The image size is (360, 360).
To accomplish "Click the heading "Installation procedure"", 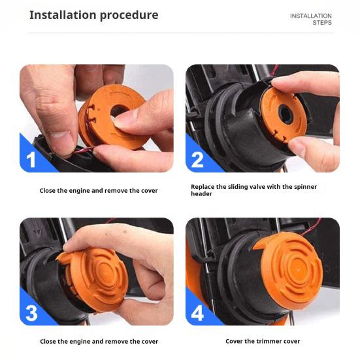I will tap(93, 15).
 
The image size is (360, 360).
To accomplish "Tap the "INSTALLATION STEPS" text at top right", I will tap(311, 19).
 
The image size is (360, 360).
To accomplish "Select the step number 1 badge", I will tap(31, 159).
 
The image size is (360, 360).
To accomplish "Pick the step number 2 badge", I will tap(197, 159).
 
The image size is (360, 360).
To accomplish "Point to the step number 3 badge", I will tap(31, 312).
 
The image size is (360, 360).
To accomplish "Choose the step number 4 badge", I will tap(197, 312).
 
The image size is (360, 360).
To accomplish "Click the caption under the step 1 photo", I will tap(99, 191).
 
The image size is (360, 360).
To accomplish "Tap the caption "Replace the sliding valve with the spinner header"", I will tap(254, 190).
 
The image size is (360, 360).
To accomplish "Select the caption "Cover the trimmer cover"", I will tap(262, 342).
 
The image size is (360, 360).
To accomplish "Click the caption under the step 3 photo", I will tap(99, 342).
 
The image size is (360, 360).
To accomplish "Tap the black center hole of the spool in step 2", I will tap(287, 113).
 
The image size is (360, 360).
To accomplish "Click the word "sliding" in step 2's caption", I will tap(242, 187).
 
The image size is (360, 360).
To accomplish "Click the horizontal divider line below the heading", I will tap(180, 33).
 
